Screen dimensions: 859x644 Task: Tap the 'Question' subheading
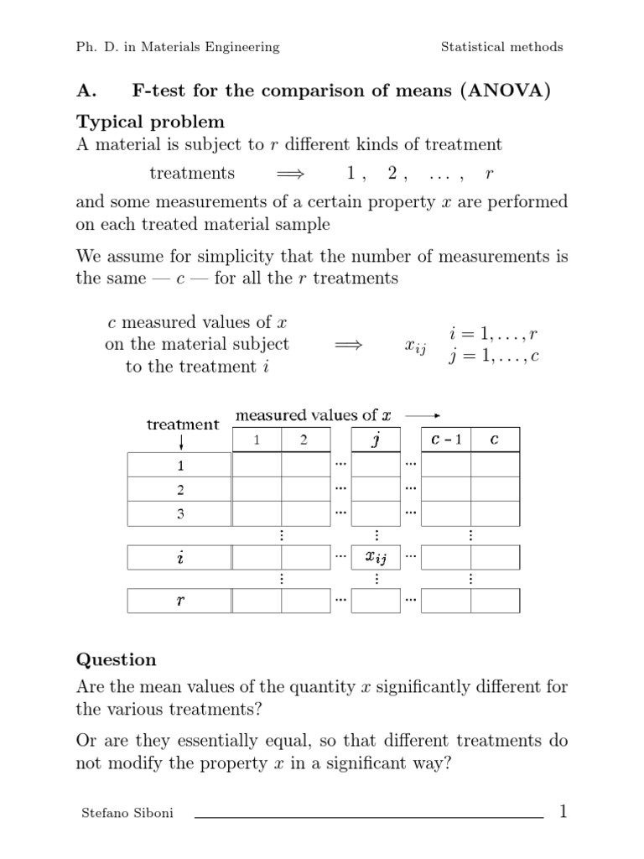coord(116,659)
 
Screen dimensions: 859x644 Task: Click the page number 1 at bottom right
coord(563,811)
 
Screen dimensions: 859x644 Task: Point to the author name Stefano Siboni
coord(127,814)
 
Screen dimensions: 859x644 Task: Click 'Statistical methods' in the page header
coord(502,47)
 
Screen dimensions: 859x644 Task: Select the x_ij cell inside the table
coord(375,557)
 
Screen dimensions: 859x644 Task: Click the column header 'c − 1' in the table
coord(444,440)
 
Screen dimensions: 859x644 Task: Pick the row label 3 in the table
coord(179,513)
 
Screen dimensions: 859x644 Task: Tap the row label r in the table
coord(179,601)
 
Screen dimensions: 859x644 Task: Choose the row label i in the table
coord(179,557)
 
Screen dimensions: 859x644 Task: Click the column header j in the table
coord(376,439)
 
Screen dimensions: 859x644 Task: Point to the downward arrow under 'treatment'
coord(182,441)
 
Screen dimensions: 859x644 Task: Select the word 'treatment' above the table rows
coord(183,424)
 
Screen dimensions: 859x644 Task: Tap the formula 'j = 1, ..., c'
coord(494,356)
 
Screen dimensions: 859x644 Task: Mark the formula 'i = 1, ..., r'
coord(494,333)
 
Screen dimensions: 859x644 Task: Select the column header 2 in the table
coord(304,440)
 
